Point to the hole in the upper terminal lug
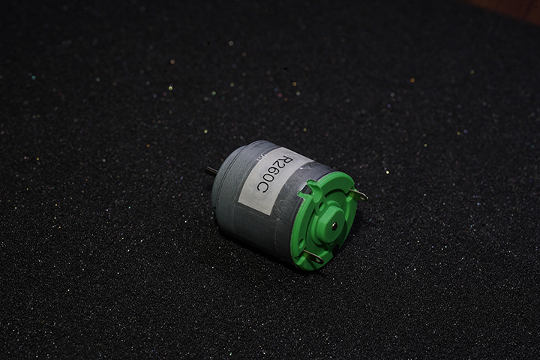point(362,196)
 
